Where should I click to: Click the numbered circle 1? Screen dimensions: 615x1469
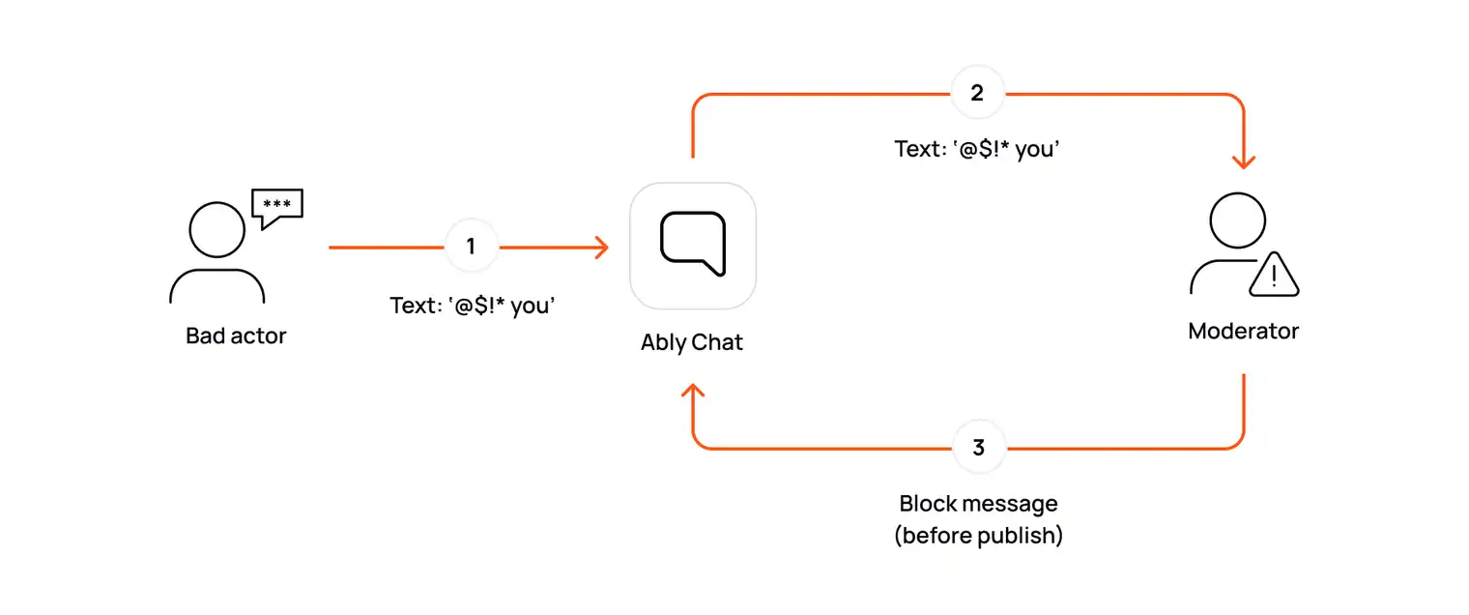click(471, 247)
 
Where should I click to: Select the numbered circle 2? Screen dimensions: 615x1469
click(977, 94)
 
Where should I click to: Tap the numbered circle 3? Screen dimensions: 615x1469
click(979, 448)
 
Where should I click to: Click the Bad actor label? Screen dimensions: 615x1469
click(236, 337)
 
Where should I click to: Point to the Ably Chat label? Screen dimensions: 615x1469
click(692, 342)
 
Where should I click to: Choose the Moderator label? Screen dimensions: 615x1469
click(1243, 331)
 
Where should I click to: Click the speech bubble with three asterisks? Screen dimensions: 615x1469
click(276, 206)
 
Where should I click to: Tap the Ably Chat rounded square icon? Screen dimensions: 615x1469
click(692, 245)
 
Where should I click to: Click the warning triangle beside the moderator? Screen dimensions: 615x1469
click(1274, 276)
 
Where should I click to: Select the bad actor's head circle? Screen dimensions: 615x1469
click(216, 229)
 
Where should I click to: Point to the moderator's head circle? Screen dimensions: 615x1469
click(1237, 220)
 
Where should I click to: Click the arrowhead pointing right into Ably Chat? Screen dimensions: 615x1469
click(601, 248)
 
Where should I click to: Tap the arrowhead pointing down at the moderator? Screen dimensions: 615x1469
click(1243, 160)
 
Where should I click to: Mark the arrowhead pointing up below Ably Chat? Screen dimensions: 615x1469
click(693, 392)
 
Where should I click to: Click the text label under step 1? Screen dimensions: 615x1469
click(473, 306)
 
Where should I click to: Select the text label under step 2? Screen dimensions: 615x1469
click(977, 150)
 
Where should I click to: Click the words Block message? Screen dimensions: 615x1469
click(978, 504)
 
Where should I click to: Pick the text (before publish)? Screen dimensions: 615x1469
click(978, 536)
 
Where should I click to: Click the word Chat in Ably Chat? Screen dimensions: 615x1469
click(718, 342)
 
